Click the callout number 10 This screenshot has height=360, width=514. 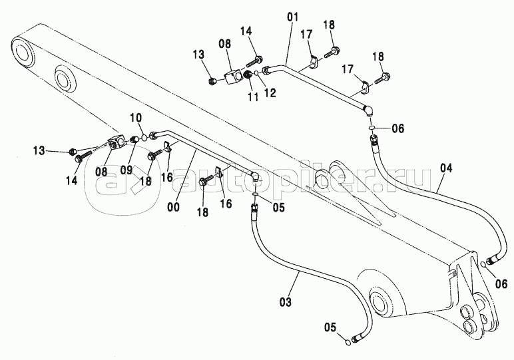[136, 118]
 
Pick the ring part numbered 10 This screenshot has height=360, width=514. [142, 139]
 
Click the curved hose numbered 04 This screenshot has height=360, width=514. [426, 200]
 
